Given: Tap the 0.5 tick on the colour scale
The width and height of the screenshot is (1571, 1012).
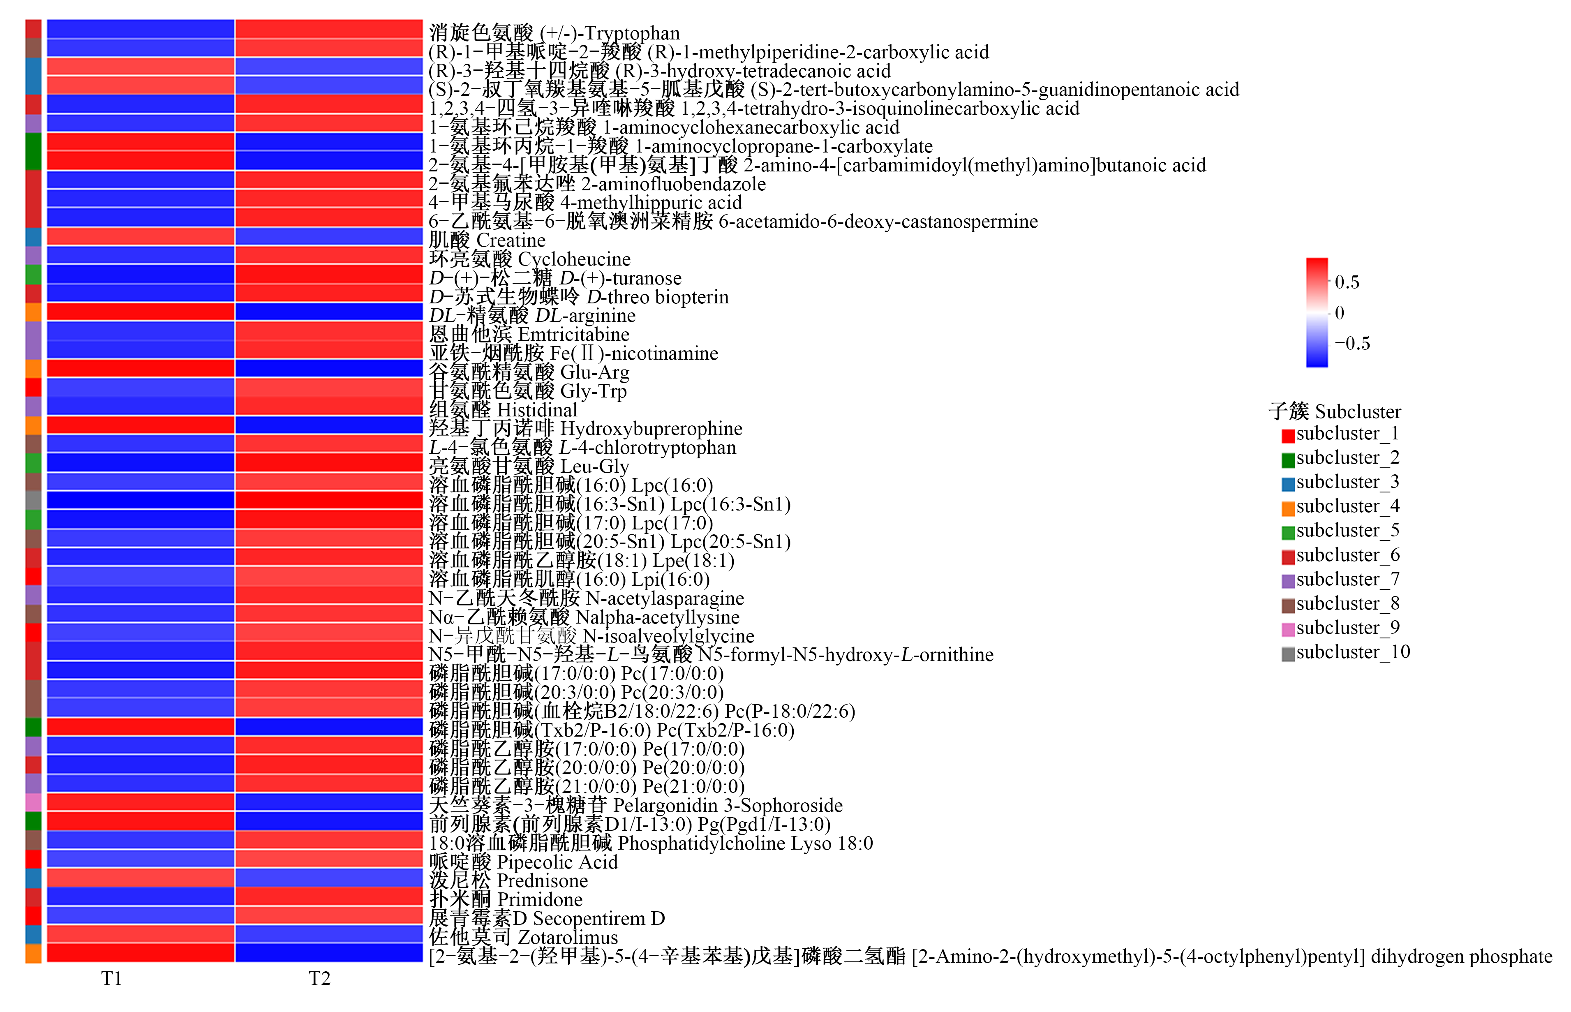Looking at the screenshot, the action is [x=1347, y=282].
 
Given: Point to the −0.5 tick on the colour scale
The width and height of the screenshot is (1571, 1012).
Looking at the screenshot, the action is [x=1352, y=343].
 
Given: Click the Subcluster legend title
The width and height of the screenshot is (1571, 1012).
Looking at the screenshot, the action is [x=1335, y=411].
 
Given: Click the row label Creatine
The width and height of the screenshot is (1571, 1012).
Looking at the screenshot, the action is [x=487, y=240].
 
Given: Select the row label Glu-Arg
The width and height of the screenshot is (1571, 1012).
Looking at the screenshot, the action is [x=529, y=372].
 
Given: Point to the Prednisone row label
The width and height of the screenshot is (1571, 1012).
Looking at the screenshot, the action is [x=508, y=880].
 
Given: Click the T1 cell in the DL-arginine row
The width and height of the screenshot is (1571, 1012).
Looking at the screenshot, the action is [x=141, y=312].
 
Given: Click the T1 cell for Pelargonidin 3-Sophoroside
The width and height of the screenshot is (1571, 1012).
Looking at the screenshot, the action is [x=141, y=802].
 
